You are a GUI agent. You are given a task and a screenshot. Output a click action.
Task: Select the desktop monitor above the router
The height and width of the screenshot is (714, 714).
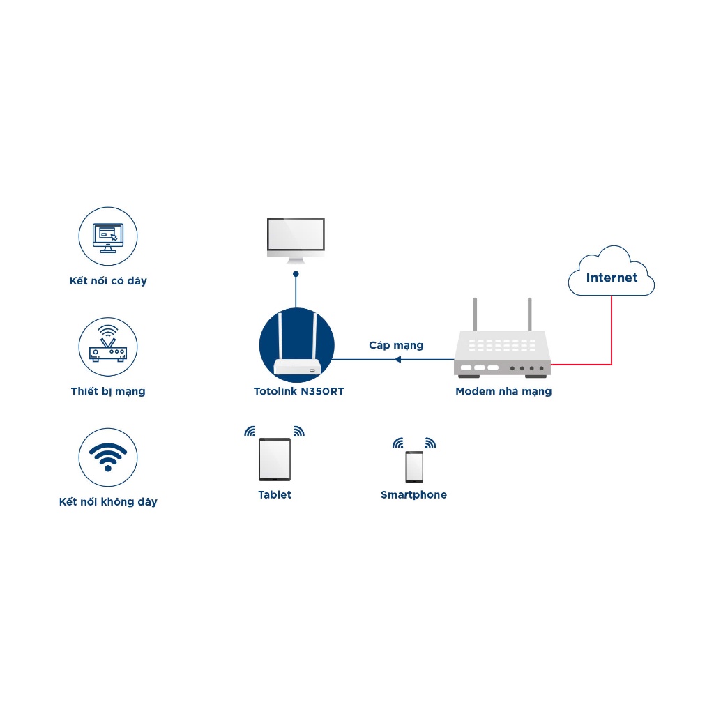click(x=296, y=241)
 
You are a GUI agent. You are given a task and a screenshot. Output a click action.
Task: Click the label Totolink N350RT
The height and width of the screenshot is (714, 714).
click(x=298, y=392)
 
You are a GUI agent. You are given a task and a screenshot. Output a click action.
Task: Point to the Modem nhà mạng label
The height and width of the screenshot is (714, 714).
click(x=503, y=392)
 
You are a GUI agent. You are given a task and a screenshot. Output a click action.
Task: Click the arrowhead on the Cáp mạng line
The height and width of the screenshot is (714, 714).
click(x=397, y=359)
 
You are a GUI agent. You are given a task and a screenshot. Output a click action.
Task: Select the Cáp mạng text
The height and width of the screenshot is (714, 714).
click(x=396, y=346)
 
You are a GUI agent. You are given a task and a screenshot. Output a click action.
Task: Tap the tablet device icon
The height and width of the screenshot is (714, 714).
click(x=275, y=459)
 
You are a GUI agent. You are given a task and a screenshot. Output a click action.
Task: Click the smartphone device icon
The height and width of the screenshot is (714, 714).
click(x=414, y=466)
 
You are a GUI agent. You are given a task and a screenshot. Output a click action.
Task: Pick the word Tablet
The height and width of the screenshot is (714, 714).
click(x=275, y=494)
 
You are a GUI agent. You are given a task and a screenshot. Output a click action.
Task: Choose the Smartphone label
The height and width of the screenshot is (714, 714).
click(x=414, y=495)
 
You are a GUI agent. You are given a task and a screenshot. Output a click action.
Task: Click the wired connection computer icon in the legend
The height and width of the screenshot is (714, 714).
click(x=108, y=236)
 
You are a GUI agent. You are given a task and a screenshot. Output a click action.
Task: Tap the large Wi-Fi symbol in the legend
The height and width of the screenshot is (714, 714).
click(x=108, y=457)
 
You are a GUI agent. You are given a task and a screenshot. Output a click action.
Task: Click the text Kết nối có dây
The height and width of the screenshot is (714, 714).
click(x=108, y=281)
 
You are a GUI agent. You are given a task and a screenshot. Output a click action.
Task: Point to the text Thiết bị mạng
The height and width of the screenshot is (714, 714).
click(x=108, y=392)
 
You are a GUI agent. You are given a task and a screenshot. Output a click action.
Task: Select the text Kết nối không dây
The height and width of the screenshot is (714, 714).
click(x=108, y=502)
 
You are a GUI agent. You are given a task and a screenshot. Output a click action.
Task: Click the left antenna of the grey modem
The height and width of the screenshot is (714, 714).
click(x=475, y=314)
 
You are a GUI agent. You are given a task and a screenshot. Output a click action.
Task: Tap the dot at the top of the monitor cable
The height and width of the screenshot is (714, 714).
click(x=296, y=273)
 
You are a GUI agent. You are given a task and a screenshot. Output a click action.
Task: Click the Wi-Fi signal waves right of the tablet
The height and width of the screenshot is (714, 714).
click(x=299, y=431)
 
